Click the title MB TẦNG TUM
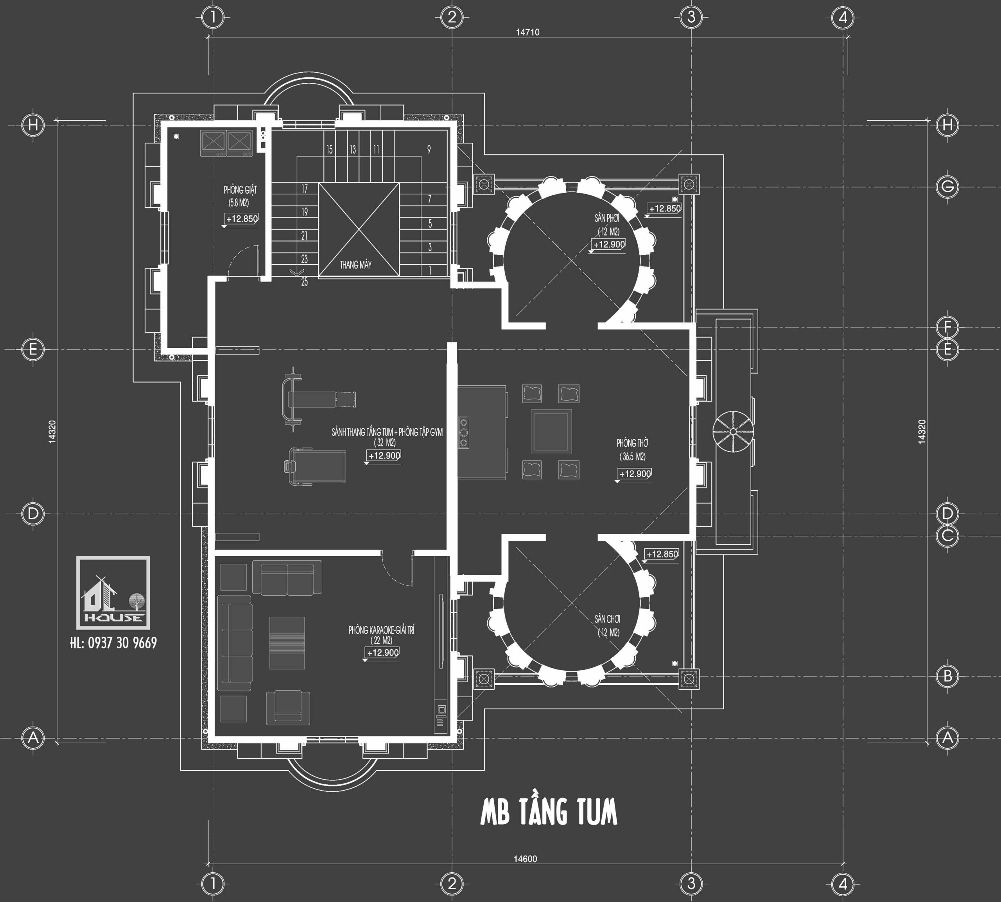pyautogui.click(x=549, y=811)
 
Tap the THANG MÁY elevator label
pyautogui.click(x=355, y=265)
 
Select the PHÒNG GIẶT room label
pyautogui.click(x=240, y=190)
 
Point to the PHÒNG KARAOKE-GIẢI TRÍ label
pyautogui.click(x=381, y=630)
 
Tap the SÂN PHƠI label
pyautogui.click(x=607, y=218)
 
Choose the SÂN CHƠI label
pyautogui.click(x=607, y=619)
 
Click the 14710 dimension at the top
pyautogui.click(x=527, y=32)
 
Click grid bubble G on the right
pyautogui.click(x=947, y=187)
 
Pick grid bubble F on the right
pyautogui.click(x=947, y=327)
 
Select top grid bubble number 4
pyautogui.click(x=843, y=18)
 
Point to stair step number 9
pyautogui.click(x=429, y=149)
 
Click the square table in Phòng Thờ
pyautogui.click(x=551, y=431)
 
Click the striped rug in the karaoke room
pyautogui.click(x=287, y=643)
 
